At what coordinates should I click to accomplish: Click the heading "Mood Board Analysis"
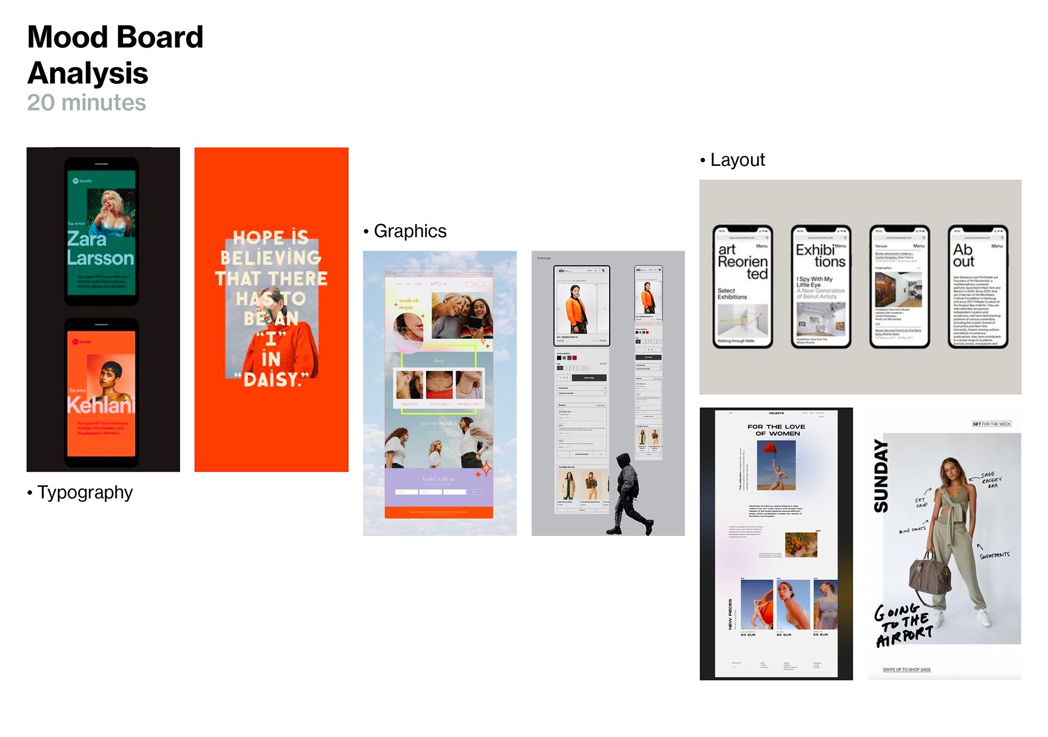click(x=115, y=55)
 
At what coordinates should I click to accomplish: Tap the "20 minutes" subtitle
click(x=86, y=103)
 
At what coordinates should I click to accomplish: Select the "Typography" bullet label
click(x=85, y=492)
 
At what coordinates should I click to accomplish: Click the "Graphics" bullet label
click(x=410, y=231)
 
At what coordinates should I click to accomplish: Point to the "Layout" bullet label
click(x=737, y=160)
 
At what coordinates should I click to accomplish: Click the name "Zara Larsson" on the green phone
click(x=100, y=248)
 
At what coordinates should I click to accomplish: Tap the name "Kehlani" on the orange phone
click(x=100, y=405)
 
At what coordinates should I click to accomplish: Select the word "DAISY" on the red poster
click(x=276, y=379)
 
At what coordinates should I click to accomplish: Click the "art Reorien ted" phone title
click(x=742, y=261)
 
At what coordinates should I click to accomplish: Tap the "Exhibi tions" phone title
click(x=820, y=255)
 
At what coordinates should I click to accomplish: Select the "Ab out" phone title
click(x=963, y=255)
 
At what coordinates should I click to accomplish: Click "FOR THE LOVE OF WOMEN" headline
click(x=776, y=430)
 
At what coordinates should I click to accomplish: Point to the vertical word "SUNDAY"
click(x=881, y=476)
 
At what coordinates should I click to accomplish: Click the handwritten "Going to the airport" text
click(x=903, y=625)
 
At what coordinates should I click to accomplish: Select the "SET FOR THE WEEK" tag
click(x=991, y=424)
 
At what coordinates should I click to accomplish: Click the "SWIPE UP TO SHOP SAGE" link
click(x=907, y=669)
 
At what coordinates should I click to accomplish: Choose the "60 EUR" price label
click(x=748, y=635)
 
